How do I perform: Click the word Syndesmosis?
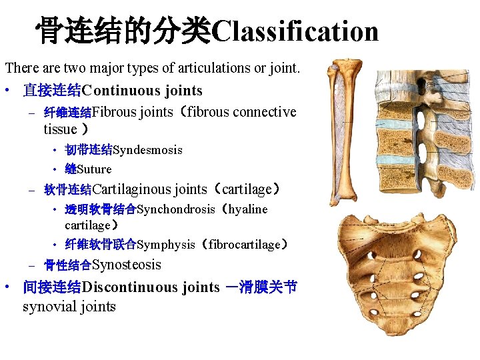pos(147,150)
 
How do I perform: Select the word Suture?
pos(95,169)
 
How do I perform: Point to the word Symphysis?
pos(166,245)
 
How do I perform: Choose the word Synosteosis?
pos(127,265)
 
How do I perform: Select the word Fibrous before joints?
pos(114,112)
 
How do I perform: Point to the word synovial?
pos(47,307)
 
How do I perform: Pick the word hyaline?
pos(248,209)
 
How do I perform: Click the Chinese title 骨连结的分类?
pos(123,31)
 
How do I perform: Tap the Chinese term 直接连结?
pos(52,90)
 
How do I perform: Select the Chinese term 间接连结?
pos(52,287)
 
